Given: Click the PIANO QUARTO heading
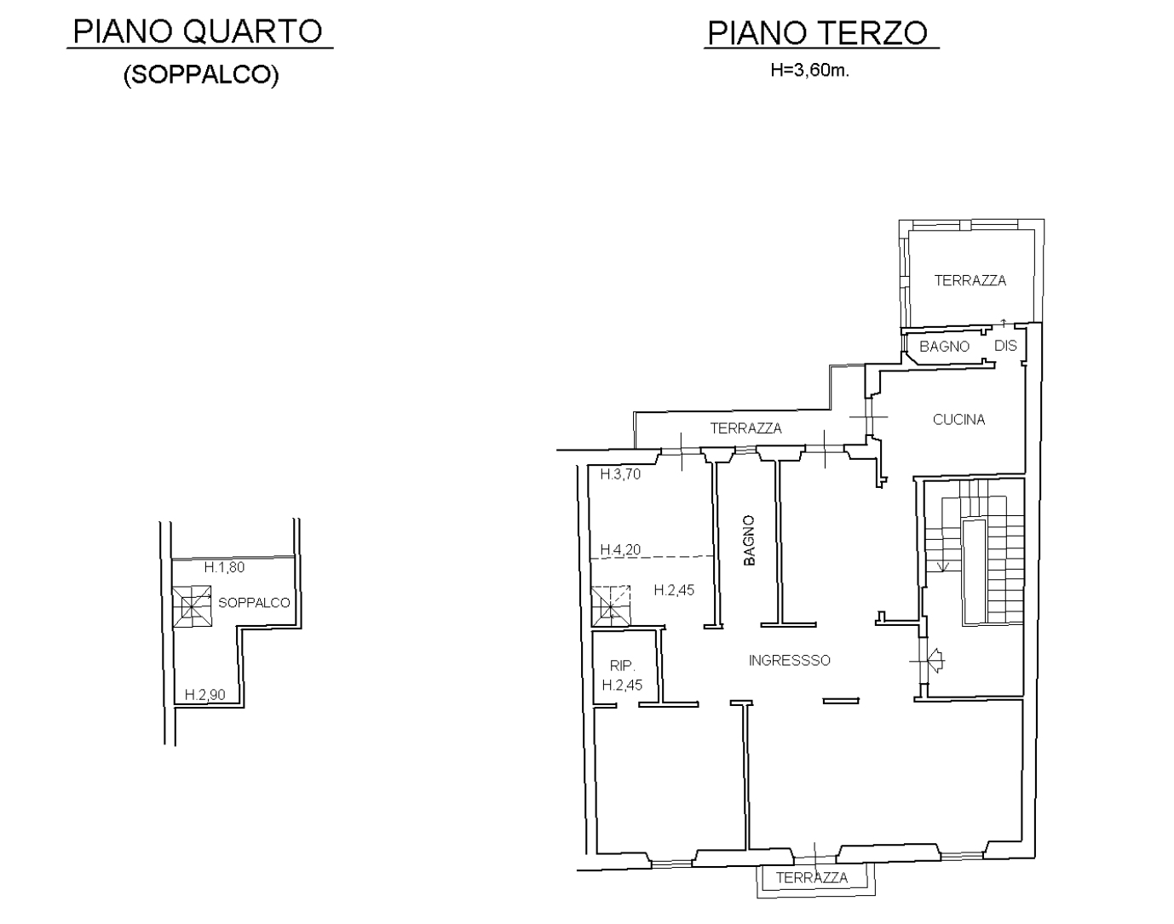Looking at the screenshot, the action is pyautogui.click(x=198, y=32).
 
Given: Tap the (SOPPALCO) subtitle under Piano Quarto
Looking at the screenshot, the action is pyautogui.click(x=201, y=75).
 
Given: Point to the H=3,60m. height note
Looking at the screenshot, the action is pyautogui.click(x=809, y=71).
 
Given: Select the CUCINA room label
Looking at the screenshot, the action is pyautogui.click(x=958, y=420).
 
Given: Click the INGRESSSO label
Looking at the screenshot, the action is pyautogui.click(x=790, y=661).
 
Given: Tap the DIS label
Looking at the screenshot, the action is pyautogui.click(x=1005, y=346).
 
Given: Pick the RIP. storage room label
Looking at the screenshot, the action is pyautogui.click(x=622, y=665).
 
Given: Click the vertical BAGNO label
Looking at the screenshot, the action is pyautogui.click(x=750, y=540).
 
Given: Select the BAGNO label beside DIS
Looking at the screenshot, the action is pyautogui.click(x=944, y=347).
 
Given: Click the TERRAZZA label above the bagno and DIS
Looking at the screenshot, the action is pyautogui.click(x=970, y=280).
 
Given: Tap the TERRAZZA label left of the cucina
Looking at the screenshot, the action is pyautogui.click(x=745, y=428).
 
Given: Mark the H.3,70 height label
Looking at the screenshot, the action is pyautogui.click(x=620, y=474).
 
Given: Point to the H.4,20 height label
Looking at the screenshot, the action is pyautogui.click(x=620, y=549).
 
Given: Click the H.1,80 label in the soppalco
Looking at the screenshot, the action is pyautogui.click(x=224, y=567).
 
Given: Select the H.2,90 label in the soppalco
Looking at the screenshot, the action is pyautogui.click(x=204, y=694).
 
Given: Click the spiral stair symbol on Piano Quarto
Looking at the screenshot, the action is pyautogui.click(x=192, y=606).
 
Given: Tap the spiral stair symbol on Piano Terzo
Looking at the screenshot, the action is pyautogui.click(x=611, y=605).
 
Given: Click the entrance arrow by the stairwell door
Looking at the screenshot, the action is pyautogui.click(x=935, y=661).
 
